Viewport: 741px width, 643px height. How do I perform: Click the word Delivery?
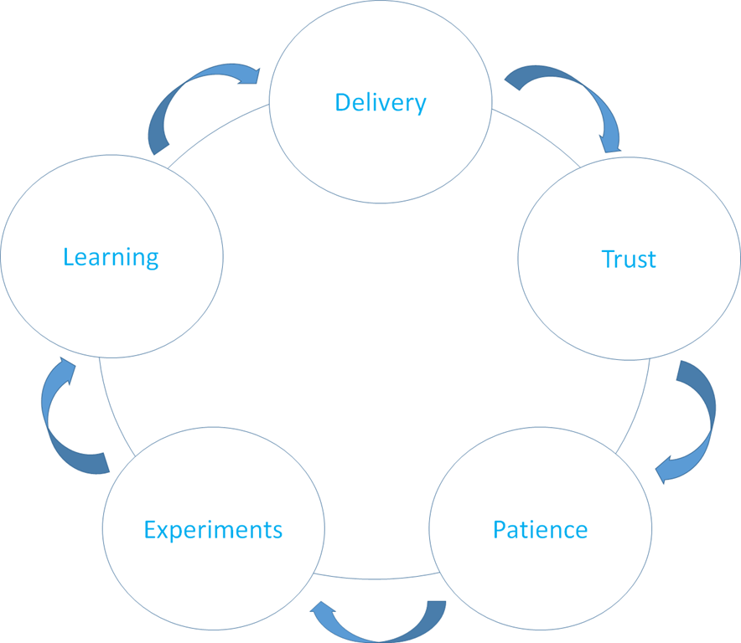pos(381,102)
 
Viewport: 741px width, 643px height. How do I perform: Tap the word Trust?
pos(629,260)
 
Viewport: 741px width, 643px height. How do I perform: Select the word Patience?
pos(540,530)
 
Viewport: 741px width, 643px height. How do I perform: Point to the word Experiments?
pos(213,530)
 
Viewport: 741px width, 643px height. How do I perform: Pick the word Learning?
pos(111,257)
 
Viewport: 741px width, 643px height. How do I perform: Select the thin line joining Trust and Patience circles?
pos(636,409)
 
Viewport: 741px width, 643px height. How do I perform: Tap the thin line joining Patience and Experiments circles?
pos(376,579)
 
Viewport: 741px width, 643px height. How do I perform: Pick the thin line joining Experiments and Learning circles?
pos(112,409)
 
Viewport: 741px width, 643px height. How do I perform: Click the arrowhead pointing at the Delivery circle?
pos(250,76)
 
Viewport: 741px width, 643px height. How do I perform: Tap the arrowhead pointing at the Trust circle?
pos(610,144)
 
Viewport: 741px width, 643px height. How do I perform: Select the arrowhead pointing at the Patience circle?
pos(662,470)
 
